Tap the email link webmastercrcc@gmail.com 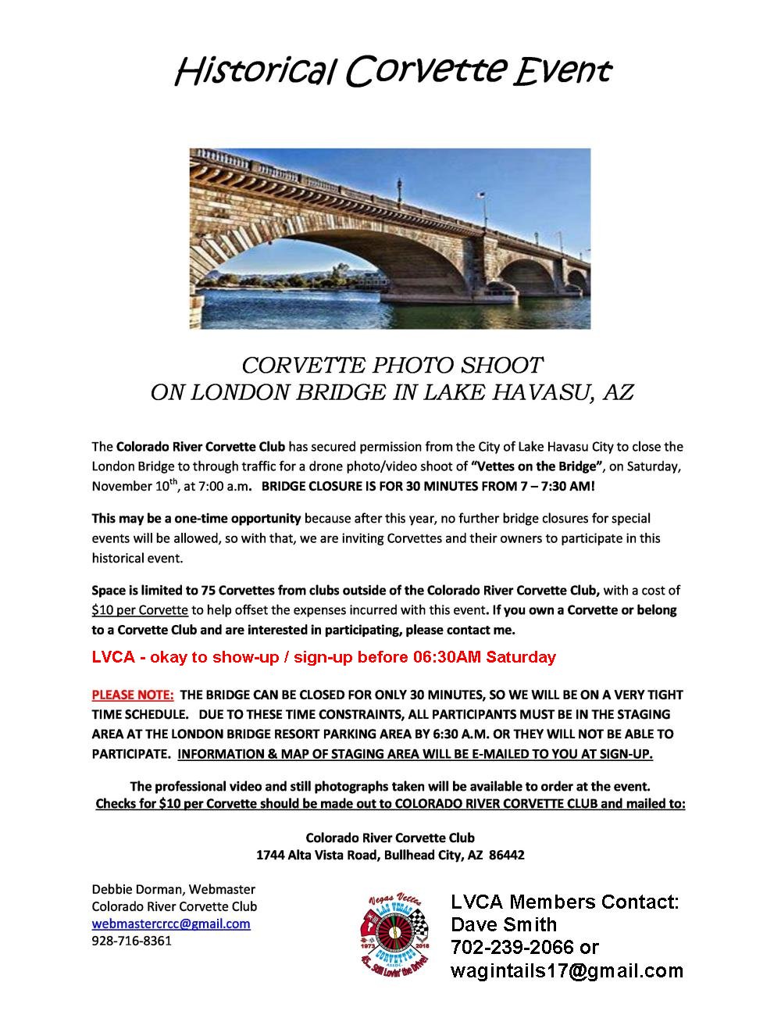pos(171,923)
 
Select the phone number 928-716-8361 pos(131,941)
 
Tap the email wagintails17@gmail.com pos(567,970)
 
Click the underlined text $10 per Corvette pos(140,609)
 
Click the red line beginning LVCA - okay pos(323,656)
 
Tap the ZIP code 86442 pos(507,855)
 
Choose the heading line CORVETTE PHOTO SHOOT pos(391,365)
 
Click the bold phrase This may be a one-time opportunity pos(196,518)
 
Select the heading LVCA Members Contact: pos(565,902)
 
